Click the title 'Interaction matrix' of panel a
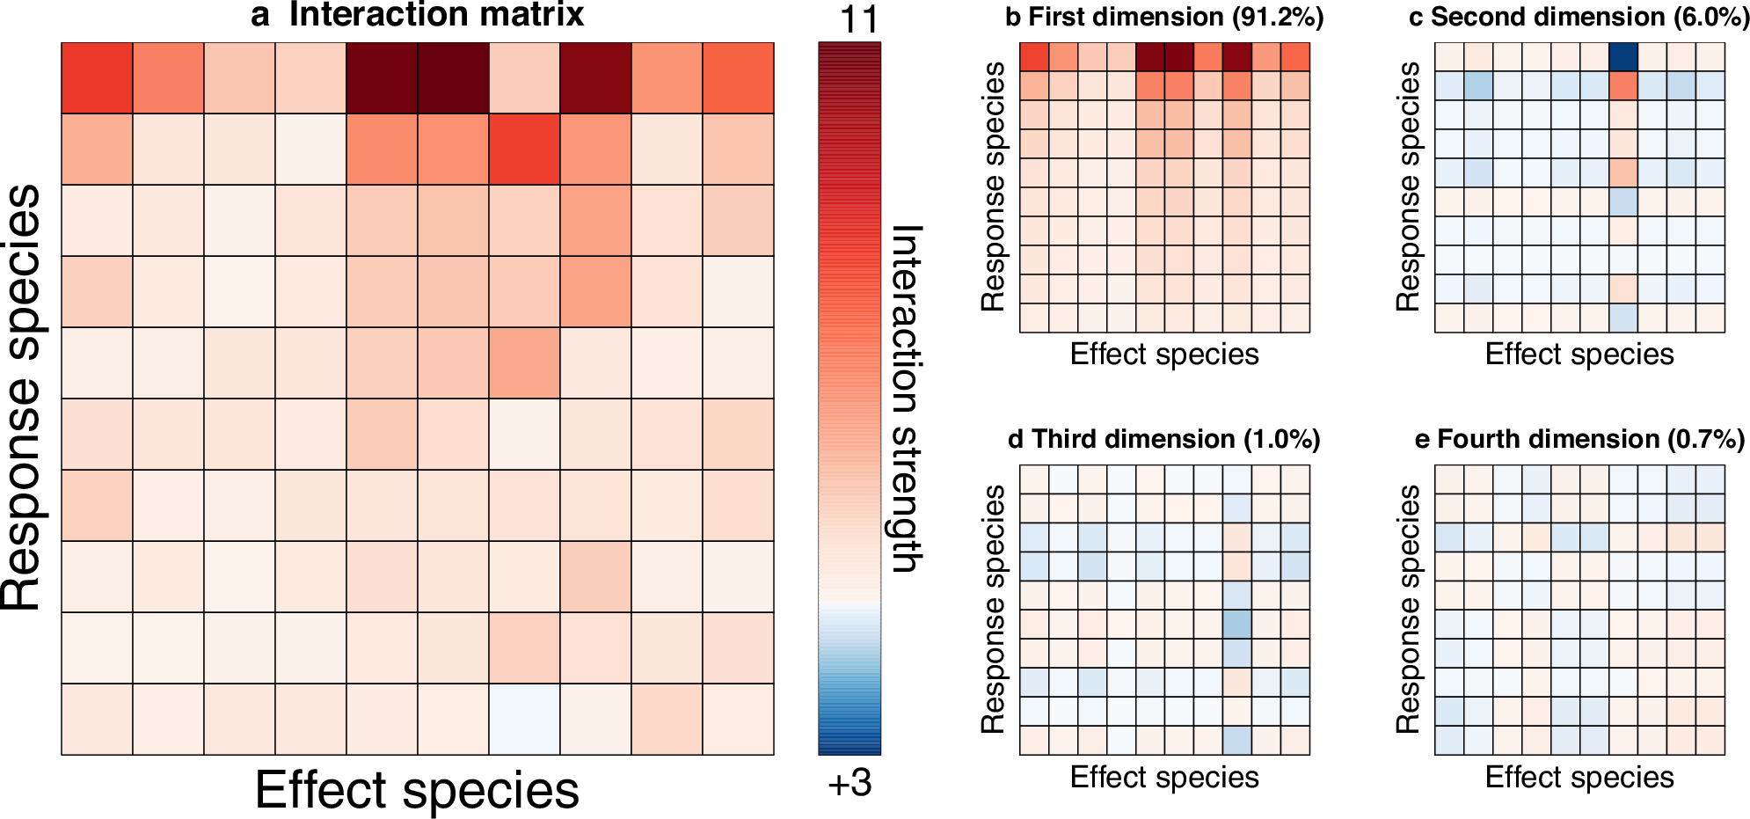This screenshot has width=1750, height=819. pos(436,15)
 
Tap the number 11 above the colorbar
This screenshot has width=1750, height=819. pos(858,19)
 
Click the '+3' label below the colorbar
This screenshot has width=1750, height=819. pos(849,782)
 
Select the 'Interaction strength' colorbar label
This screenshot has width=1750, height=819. pos(906,399)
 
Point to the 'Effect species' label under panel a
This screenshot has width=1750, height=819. pos(417,790)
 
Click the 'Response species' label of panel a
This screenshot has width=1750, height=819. pos(23,397)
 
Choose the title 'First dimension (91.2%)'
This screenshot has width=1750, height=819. pos(1176,17)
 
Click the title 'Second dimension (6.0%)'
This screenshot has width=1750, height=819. pos(1590,17)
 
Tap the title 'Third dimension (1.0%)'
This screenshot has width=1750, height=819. pos(1176,439)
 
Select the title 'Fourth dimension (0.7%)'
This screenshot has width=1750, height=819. pos(1591,439)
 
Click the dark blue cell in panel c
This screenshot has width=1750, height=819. pos(1623,57)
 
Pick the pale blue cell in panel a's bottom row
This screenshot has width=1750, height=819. pos(524,719)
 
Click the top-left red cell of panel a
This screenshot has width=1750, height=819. pos(97,78)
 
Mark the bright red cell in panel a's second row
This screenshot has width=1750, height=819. pos(524,150)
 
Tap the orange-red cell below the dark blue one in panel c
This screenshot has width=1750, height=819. pos(1623,86)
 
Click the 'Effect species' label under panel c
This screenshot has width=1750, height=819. pos(1579,354)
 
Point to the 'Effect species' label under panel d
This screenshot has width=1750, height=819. pos(1164,777)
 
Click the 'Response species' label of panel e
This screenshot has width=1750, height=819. pos(1409,609)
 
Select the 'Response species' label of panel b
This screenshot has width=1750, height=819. pos(994,186)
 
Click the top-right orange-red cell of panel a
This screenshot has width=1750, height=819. pos(738,78)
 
